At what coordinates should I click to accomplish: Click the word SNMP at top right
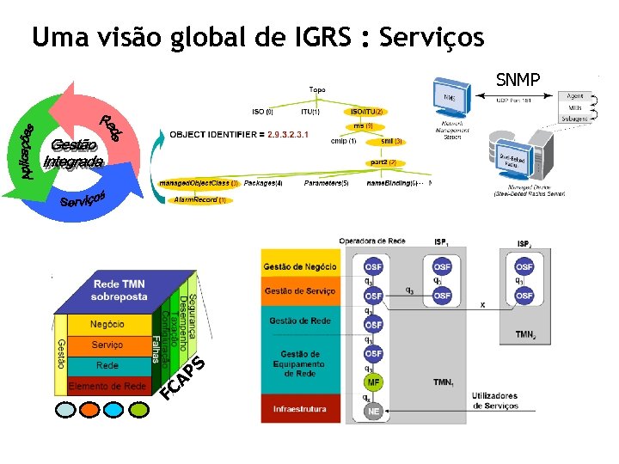pyautogui.click(x=518, y=80)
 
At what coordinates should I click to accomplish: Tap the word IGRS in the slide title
pyautogui.click(x=318, y=38)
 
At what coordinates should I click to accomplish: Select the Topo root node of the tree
pyautogui.click(x=317, y=89)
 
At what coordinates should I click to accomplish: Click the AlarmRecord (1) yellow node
pyautogui.click(x=199, y=199)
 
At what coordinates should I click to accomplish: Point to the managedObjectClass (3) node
pyautogui.click(x=199, y=183)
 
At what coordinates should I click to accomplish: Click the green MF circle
pyautogui.click(x=373, y=382)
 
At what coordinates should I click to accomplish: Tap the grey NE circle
pyautogui.click(x=373, y=412)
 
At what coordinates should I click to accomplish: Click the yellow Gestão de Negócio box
pyautogui.click(x=300, y=267)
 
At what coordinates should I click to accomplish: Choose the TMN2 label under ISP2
pyautogui.click(x=525, y=334)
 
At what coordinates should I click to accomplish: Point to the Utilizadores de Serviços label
pyautogui.click(x=496, y=400)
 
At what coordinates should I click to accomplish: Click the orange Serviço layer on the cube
pyautogui.click(x=107, y=345)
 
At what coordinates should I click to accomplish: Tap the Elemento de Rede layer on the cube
pyautogui.click(x=107, y=387)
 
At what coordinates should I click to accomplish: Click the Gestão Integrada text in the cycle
pyautogui.click(x=75, y=152)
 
